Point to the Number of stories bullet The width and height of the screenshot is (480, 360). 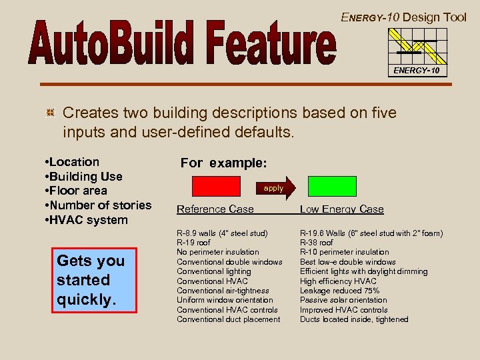pyautogui.click(x=95, y=205)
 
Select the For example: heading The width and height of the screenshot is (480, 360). pyautogui.click(x=223, y=163)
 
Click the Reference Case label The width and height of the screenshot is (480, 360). pyautogui.click(x=215, y=209)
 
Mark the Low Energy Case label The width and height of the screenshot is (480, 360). pyautogui.click(x=341, y=209)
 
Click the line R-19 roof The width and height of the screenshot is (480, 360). pyautogui.click(x=194, y=243)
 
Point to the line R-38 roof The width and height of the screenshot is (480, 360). pyautogui.click(x=317, y=243)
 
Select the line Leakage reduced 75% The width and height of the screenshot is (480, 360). pyautogui.click(x=340, y=291)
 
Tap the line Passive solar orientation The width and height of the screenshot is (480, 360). pyautogui.click(x=343, y=301)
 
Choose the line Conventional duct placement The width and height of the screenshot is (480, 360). pyautogui.click(x=228, y=319)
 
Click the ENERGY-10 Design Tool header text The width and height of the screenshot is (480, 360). pyautogui.click(x=404, y=17)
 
